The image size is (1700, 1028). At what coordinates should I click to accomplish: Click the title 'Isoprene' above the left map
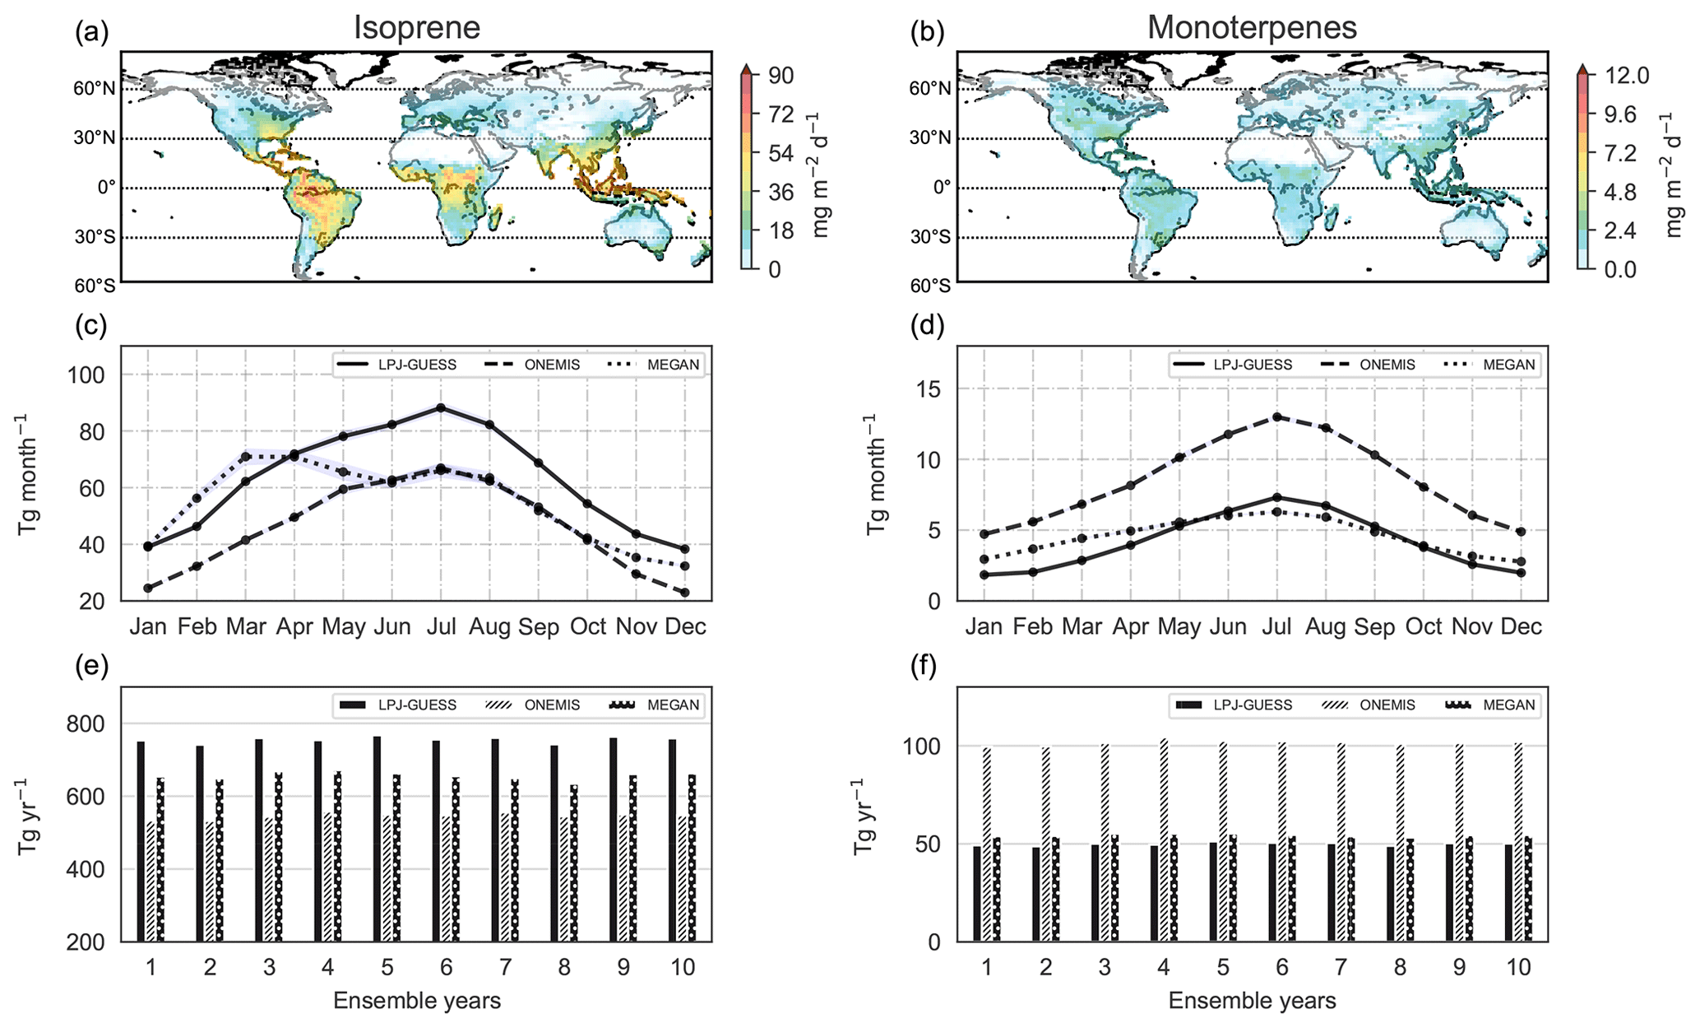click(x=417, y=28)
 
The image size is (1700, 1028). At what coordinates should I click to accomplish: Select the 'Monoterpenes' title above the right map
click(x=1252, y=28)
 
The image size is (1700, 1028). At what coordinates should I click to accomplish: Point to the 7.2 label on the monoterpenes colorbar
click(x=1614, y=153)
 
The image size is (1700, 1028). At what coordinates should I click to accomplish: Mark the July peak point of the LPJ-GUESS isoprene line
click(x=441, y=407)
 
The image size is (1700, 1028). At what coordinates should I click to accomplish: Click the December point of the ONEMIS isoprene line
click(x=685, y=593)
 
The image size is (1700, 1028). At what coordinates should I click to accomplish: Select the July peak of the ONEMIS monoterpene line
click(x=1276, y=417)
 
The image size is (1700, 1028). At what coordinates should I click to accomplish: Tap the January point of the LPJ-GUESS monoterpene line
click(x=984, y=574)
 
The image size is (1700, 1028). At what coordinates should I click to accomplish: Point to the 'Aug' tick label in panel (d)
click(x=1325, y=627)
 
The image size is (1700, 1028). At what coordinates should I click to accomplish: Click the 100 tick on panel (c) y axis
click(x=92, y=375)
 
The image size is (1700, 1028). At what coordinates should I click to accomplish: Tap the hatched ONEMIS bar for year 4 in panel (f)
click(x=1165, y=840)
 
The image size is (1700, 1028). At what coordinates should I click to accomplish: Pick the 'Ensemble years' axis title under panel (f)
click(x=1252, y=1001)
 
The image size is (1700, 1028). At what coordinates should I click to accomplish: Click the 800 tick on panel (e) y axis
click(x=92, y=724)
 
